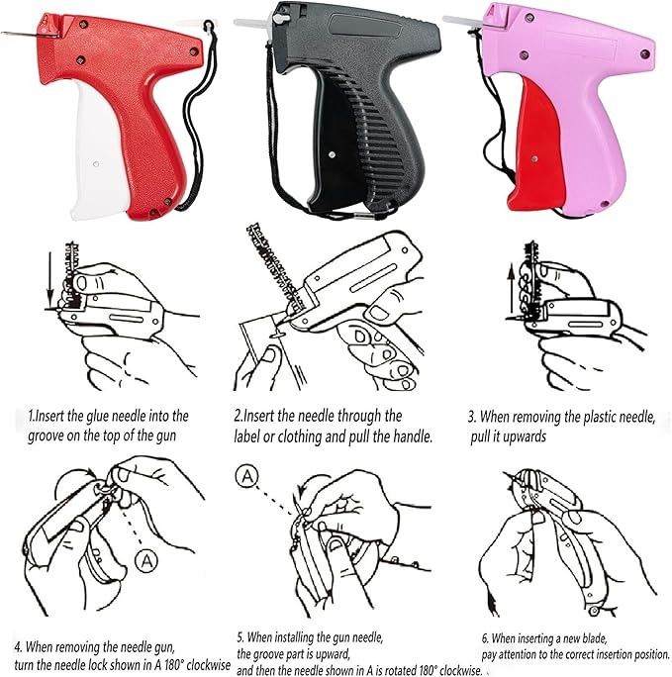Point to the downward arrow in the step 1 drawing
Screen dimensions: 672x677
(x=50, y=281)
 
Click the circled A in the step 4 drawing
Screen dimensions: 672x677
(x=146, y=561)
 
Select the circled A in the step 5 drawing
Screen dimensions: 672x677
(x=246, y=476)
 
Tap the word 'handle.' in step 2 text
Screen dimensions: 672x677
(x=413, y=436)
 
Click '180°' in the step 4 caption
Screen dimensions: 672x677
(x=173, y=664)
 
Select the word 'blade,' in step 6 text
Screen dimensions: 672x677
(x=595, y=638)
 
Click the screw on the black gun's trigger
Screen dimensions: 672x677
(x=332, y=154)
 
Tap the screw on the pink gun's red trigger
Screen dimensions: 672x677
(x=534, y=159)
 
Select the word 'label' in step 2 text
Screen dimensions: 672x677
(x=246, y=436)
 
